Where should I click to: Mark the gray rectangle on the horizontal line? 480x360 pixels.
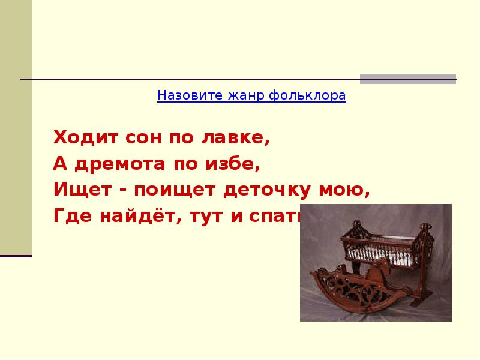[x=407, y=79]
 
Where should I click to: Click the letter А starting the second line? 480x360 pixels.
[x=59, y=164]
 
